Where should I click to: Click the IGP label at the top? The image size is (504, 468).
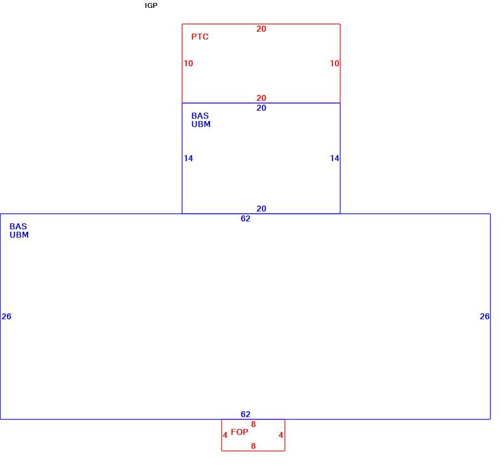pos(151,5)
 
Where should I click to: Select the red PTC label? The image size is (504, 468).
pos(200,37)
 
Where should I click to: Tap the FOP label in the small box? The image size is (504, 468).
pos(240,432)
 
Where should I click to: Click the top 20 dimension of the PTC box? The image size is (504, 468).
pos(261,29)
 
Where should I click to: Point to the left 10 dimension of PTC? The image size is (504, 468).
pos(188,63)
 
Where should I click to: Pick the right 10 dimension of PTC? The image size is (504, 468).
pos(335,63)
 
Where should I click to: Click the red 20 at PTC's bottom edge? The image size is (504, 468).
pos(261,98)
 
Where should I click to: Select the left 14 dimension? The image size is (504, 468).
pos(188,158)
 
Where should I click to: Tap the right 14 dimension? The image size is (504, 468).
pos(335,158)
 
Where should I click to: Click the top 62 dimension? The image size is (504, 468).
pos(245,218)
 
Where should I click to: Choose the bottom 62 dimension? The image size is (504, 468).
pos(245,414)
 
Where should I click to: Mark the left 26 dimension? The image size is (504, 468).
pos(6,316)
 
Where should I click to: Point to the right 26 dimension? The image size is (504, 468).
pos(485,316)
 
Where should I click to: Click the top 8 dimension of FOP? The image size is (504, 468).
pos(253,425)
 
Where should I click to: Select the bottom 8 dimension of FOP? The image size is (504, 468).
pos(253,446)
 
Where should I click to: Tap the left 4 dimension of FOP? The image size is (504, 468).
pos(225,435)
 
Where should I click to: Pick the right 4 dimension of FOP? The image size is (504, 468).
pos(281,435)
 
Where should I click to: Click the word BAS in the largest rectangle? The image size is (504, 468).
pos(18,226)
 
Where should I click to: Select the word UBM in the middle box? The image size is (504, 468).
pos(201,124)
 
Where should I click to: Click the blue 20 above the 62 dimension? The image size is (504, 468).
pos(261,209)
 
